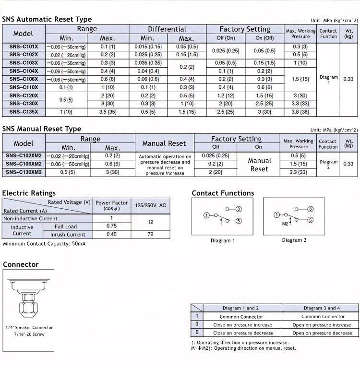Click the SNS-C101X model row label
pyautogui.click(x=24, y=47)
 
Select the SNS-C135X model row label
pyautogui.click(x=24, y=112)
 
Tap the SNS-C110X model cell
pyautogui.click(x=24, y=87)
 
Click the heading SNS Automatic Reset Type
pyautogui.click(x=47, y=20)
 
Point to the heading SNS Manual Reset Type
pyautogui.click(x=42, y=129)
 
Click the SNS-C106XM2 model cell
pyautogui.click(x=24, y=164)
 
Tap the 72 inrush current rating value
pyautogui.click(x=151, y=234)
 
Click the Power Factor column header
pyautogui.click(x=112, y=205)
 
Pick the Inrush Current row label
pyautogui.click(x=68, y=235)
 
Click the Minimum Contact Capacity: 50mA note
pyautogui.click(x=44, y=244)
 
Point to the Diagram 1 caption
pyautogui.click(x=223, y=240)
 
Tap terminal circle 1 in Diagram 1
pyautogui.click(x=206, y=215)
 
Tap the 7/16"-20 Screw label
pyautogui.click(x=29, y=334)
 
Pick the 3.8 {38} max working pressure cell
pyautogui.click(x=300, y=112)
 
